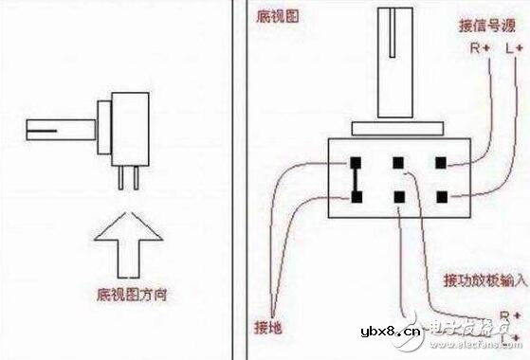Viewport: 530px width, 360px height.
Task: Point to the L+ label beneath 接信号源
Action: [514, 46]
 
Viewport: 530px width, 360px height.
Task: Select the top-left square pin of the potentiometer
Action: [356, 161]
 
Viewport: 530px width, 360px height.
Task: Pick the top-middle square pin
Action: [399, 161]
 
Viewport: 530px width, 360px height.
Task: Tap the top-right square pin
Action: [441, 161]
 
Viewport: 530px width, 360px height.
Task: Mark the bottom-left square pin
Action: [356, 196]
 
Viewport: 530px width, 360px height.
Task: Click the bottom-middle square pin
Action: [399, 196]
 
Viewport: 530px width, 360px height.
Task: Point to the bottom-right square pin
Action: [441, 196]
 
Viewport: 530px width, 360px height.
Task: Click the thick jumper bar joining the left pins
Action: [356, 179]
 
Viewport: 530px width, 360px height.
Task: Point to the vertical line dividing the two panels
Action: [236, 180]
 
